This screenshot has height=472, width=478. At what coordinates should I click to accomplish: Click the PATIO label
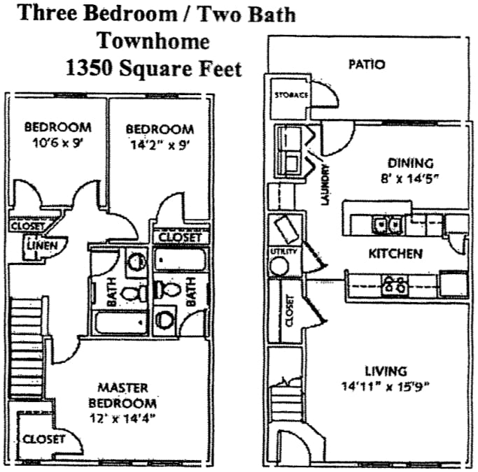[367, 64]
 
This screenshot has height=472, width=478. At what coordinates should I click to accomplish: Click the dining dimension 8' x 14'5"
[409, 178]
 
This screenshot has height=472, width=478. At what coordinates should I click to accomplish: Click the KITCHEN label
[395, 252]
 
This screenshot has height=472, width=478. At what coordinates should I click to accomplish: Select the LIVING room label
[386, 371]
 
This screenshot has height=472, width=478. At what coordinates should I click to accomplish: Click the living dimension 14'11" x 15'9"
[386, 385]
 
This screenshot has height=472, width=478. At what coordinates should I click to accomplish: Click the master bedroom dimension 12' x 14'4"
[122, 419]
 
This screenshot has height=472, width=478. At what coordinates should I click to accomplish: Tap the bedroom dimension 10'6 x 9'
[58, 145]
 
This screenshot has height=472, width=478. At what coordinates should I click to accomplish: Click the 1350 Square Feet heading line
[153, 68]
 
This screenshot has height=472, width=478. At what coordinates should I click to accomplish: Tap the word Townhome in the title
[153, 41]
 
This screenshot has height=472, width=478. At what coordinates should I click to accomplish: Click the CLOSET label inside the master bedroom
[43, 439]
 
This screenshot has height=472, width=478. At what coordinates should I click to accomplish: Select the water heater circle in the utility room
[280, 266]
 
